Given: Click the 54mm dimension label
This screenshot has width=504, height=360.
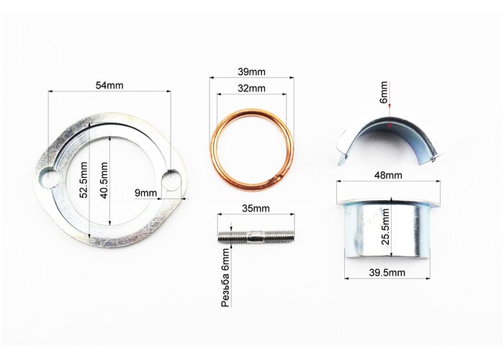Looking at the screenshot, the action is coord(109,86).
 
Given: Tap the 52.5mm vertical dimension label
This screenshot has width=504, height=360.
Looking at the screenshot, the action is coord(84,180).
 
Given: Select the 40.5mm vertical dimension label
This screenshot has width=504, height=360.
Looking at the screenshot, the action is coord(104,180).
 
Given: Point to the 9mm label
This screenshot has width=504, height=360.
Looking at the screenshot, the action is coord(146,193).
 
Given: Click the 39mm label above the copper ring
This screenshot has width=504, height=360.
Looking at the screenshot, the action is coord(252,72).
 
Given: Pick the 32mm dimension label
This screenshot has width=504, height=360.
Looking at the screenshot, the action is coord(252,88).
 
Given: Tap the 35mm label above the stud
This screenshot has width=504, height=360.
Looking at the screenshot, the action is coord(256,208).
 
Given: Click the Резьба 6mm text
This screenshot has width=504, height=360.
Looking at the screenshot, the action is coord(226,277).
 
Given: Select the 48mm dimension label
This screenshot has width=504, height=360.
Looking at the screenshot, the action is coord(388,175).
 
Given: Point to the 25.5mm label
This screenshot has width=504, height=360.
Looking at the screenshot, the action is coord(385,227).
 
